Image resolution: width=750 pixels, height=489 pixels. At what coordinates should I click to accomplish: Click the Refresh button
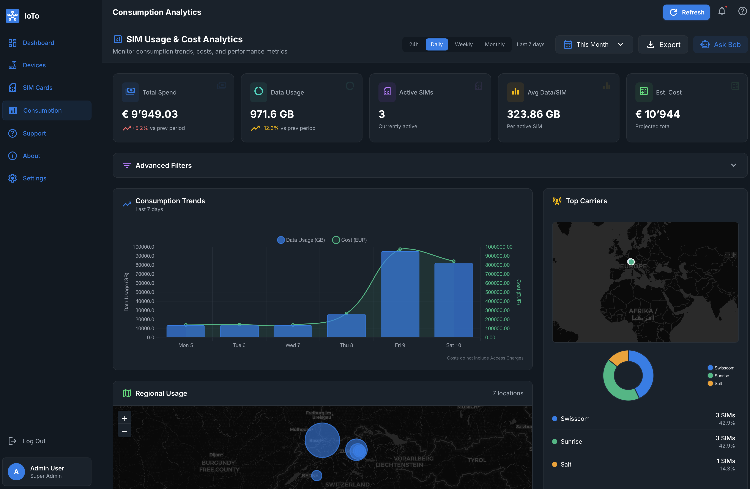pos(686,12)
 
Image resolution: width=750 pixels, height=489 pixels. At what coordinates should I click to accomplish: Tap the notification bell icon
pos(722,12)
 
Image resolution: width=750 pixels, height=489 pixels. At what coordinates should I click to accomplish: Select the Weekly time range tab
pos(463,44)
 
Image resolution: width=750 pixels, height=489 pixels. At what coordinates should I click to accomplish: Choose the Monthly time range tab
pos(495,44)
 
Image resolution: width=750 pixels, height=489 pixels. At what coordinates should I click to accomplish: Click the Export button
pos(663,44)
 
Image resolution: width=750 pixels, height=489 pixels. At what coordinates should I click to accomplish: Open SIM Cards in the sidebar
pos(38,88)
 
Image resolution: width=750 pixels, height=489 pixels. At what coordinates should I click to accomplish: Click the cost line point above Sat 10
pos(454,261)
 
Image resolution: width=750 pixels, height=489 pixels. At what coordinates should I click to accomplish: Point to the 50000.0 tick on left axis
pos(145,292)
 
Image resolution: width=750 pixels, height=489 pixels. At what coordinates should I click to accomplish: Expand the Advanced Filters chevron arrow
pos(733,166)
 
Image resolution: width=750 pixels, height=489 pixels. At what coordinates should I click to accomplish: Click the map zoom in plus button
pos(125,418)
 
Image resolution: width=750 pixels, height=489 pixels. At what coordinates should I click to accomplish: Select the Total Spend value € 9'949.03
pos(150,114)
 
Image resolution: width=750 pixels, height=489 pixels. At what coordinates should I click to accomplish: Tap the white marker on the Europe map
pos(630,262)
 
